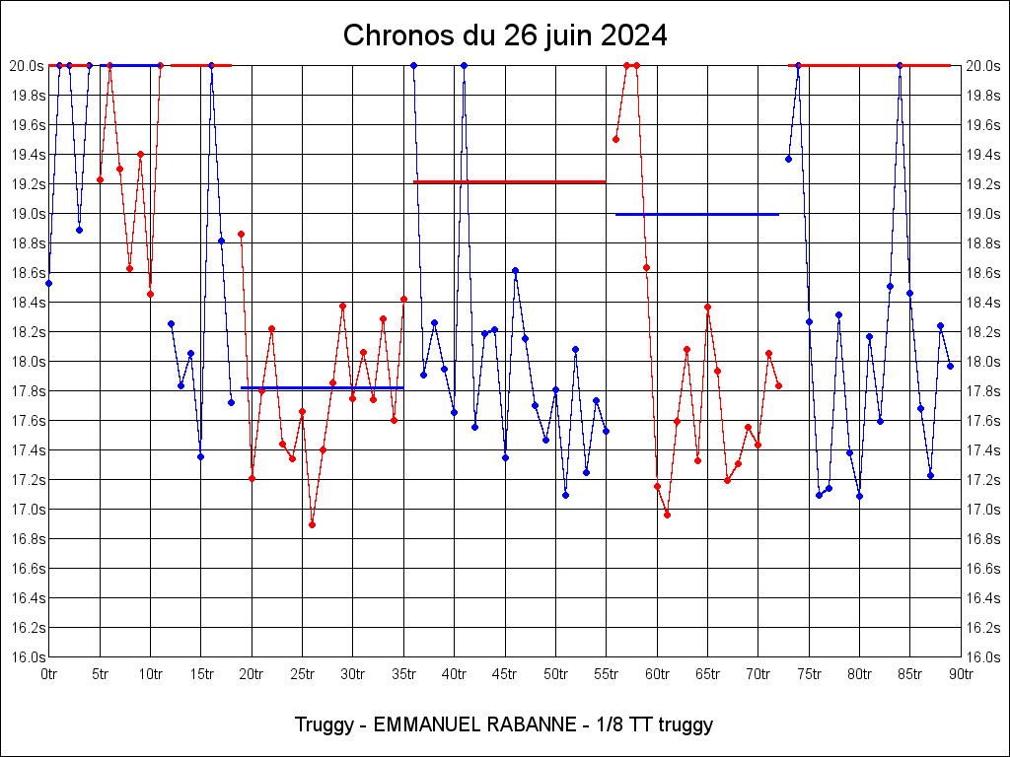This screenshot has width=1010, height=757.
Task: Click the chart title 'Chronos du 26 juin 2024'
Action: point(505,36)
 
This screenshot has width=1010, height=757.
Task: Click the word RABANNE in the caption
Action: point(532,725)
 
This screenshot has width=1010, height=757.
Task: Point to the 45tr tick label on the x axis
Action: point(505,675)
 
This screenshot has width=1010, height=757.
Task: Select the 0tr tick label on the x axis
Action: point(48,675)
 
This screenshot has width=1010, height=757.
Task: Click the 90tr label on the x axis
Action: point(962,675)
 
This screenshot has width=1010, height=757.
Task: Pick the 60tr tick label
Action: point(657,675)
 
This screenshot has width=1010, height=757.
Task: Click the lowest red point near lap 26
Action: point(312,524)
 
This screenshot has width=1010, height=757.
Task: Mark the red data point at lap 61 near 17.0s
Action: point(667,515)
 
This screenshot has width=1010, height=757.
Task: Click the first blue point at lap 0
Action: point(48,283)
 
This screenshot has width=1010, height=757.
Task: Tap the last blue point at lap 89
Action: point(950,366)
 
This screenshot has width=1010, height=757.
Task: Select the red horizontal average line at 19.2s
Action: point(509,181)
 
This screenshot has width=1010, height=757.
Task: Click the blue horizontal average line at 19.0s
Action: point(696,214)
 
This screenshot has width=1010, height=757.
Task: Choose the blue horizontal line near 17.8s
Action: point(322,388)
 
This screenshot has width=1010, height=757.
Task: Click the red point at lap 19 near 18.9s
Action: point(241,234)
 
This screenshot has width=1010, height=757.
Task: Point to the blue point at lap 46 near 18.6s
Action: point(515,270)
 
